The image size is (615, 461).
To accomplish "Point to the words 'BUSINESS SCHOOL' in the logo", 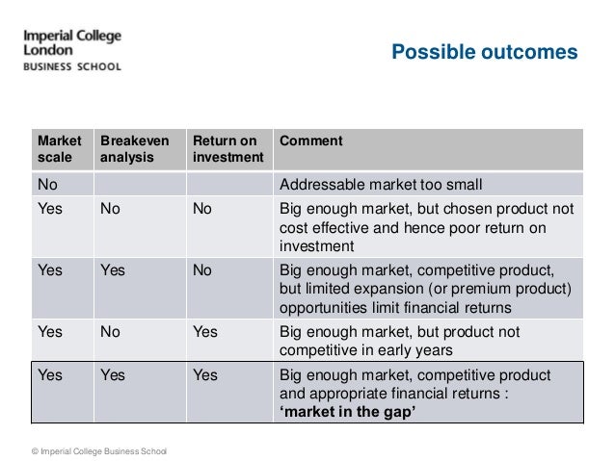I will tap(72, 67).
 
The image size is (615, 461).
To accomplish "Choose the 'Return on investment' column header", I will tap(226, 148).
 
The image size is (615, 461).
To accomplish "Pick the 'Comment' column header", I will tap(309, 141).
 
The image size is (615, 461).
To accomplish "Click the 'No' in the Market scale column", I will tap(46, 184).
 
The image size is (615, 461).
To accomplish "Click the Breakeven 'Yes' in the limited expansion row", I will tap(113, 270).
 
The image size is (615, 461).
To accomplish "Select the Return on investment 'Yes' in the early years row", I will tap(204, 331).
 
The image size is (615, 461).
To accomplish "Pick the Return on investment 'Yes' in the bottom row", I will tap(204, 375).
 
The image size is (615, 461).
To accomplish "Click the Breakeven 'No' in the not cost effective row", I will tap(110, 209).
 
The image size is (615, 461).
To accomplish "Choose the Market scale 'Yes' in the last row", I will tap(49, 375).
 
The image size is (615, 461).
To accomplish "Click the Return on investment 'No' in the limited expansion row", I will tap(201, 270).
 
